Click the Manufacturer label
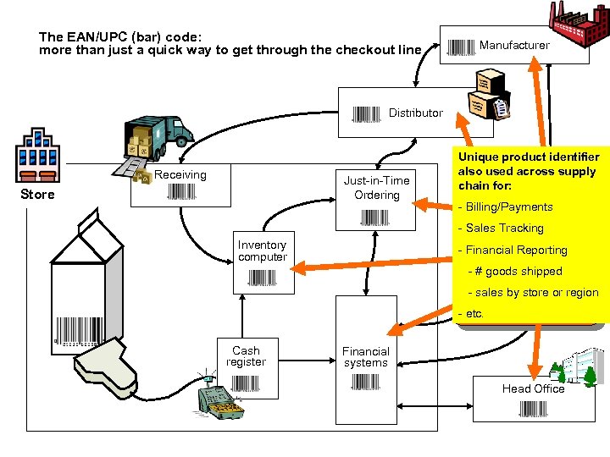pyautogui.click(x=514, y=45)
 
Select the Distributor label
pyautogui.click(x=415, y=113)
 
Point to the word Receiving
pyautogui.click(x=180, y=174)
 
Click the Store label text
pyautogui.click(x=37, y=195)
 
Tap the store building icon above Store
pyautogui.click(x=37, y=156)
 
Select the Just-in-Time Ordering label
pyautogui.click(x=376, y=188)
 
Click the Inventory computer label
pyautogui.click(x=263, y=251)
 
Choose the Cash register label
pyautogui.click(x=246, y=356)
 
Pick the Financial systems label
pyautogui.click(x=366, y=357)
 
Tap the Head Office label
pyautogui.click(x=533, y=388)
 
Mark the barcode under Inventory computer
pyautogui.click(x=263, y=277)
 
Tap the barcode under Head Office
pyautogui.click(x=533, y=410)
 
